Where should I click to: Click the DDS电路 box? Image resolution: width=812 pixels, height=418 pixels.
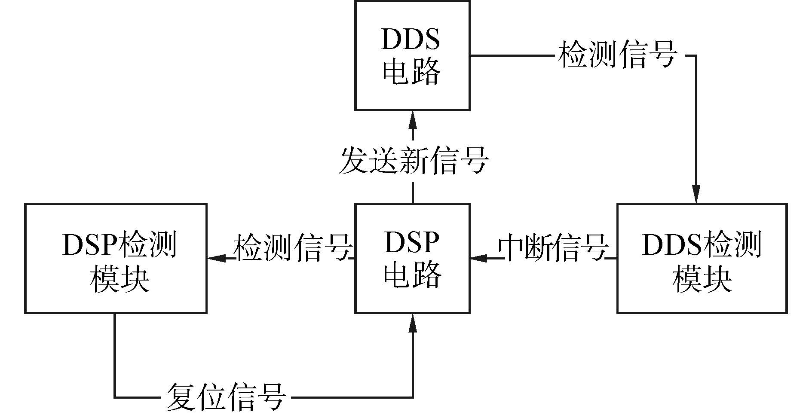coord(412,56)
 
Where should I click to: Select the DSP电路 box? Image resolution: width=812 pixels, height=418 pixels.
coord(412,258)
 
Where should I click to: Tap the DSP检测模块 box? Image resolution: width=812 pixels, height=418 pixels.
coord(116,258)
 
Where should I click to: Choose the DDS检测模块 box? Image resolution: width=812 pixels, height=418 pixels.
coord(702,258)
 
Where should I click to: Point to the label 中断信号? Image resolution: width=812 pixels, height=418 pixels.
coord(553,248)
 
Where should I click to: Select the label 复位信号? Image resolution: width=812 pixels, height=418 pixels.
coord(226,397)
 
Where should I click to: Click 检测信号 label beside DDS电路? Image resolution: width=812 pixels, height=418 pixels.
coord(618,55)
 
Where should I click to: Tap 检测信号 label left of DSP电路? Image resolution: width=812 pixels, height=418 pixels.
coord(292,248)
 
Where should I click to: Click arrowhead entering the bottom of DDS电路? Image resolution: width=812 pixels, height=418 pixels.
coord(413,118)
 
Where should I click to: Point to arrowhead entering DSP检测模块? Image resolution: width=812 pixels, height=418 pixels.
coord(216,258)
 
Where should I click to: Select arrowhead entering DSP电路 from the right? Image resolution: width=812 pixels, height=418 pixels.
coord(478,258)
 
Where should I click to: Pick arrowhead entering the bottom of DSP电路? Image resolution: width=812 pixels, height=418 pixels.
coord(413,322)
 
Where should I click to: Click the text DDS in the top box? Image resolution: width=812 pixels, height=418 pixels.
coord(411,40)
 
